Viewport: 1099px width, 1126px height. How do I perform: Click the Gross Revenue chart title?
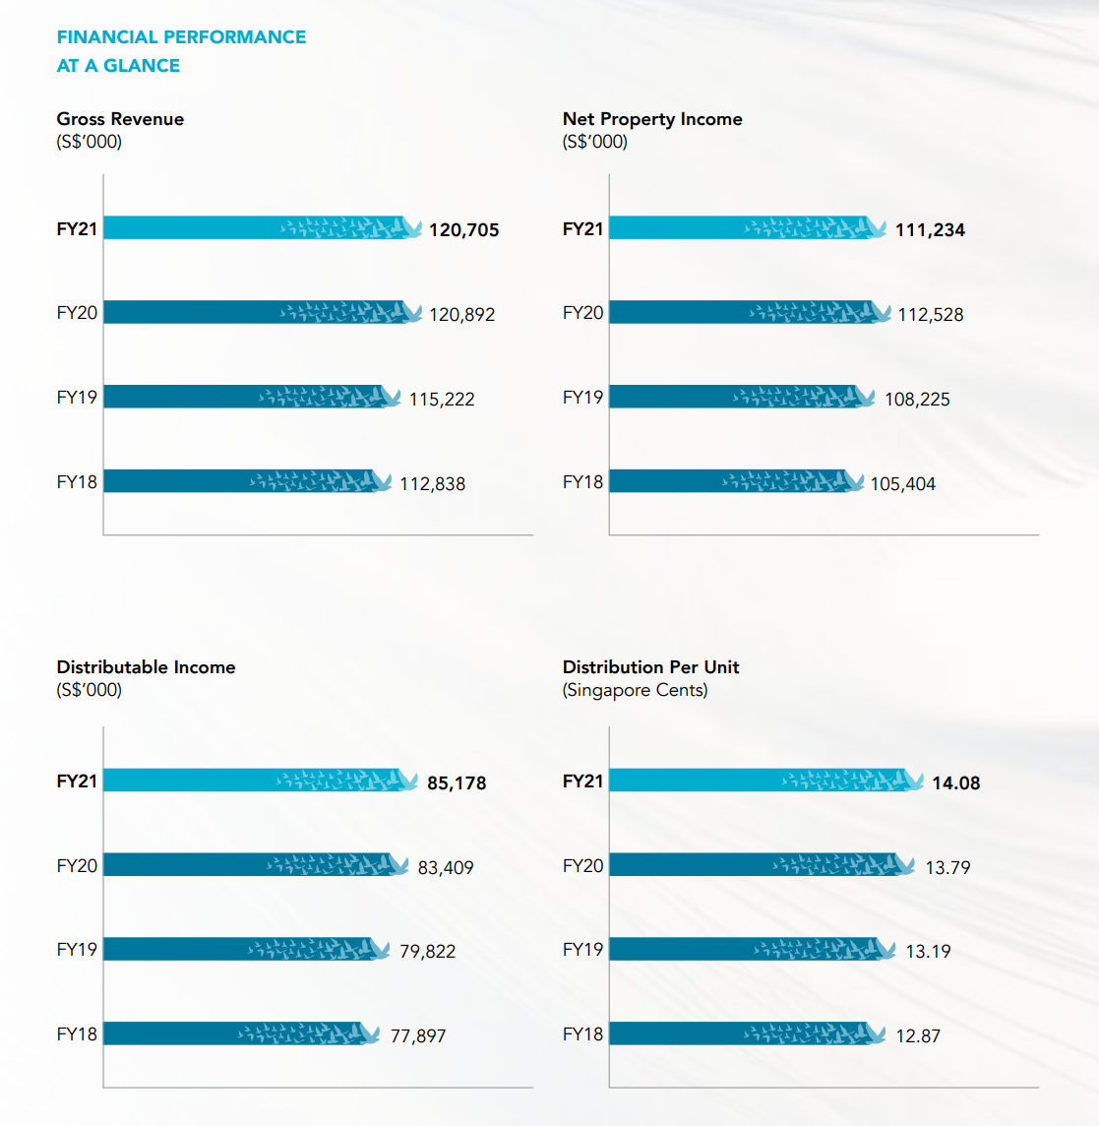click(x=120, y=119)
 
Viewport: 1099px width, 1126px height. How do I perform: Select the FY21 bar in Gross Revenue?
click(x=256, y=227)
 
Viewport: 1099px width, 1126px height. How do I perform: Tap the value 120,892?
click(x=462, y=315)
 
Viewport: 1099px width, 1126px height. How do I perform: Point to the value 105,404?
click(x=903, y=484)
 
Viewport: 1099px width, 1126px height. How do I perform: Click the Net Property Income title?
click(x=652, y=119)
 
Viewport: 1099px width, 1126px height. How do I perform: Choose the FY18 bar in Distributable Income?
click(x=236, y=1033)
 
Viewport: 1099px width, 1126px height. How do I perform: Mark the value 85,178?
click(x=457, y=783)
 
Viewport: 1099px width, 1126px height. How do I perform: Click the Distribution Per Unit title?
click(x=650, y=667)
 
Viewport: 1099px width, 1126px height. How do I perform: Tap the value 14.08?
click(x=956, y=783)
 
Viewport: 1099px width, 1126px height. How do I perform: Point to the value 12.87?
click(x=918, y=1036)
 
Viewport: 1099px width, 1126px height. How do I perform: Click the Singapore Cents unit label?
click(x=635, y=690)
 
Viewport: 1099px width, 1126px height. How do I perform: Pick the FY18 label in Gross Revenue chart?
click(x=77, y=482)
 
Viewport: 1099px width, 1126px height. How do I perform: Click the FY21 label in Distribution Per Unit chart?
click(x=582, y=782)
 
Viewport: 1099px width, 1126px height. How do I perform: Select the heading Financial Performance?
click(x=181, y=37)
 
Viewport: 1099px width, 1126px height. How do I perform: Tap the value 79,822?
click(x=428, y=952)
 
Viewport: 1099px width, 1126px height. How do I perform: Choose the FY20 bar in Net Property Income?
click(x=743, y=312)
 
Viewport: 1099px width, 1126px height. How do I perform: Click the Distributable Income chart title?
click(x=146, y=667)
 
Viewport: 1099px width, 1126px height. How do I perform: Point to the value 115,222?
click(x=442, y=400)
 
